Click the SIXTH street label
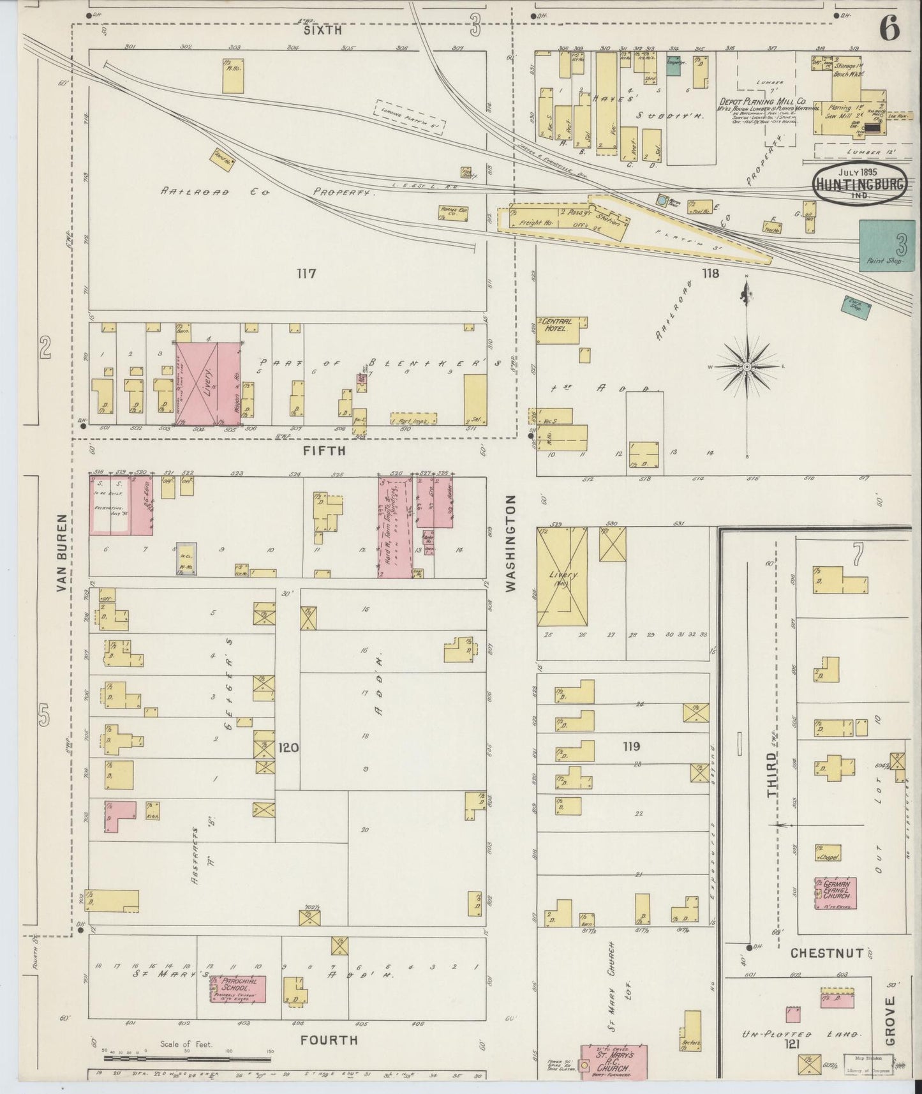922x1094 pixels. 322,30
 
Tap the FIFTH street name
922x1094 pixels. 324,451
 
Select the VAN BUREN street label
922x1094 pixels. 63,553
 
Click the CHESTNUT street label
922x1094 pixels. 827,954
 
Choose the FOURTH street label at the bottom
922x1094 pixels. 329,1040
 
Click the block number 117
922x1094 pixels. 307,274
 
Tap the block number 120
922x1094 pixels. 289,746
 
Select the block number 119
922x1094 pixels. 632,746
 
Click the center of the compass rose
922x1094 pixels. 746,367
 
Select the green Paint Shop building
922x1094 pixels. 886,245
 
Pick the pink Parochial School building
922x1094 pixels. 238,989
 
